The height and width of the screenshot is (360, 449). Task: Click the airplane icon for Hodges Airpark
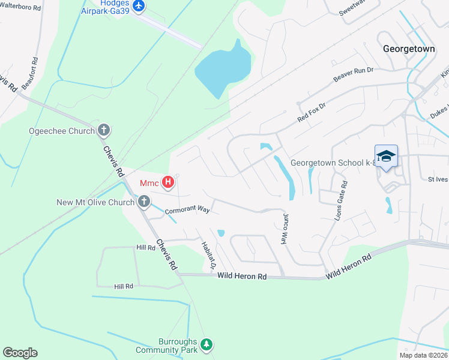pos(139,6)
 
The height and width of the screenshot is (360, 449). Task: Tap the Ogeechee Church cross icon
pos(104,130)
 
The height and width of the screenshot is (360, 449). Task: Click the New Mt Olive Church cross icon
pos(144,202)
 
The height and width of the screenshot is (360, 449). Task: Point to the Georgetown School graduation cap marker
pos(387,156)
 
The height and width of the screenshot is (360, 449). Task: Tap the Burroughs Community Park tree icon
pos(206,344)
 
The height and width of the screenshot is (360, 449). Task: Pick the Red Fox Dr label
pos(311,113)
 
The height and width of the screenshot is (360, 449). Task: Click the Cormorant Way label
pos(187,211)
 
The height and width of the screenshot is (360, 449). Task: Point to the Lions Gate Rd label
pos(341,202)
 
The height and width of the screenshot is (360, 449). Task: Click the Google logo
pos(20,353)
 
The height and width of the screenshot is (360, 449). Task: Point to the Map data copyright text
pos(423,355)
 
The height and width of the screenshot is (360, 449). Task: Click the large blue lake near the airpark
pos(223,69)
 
